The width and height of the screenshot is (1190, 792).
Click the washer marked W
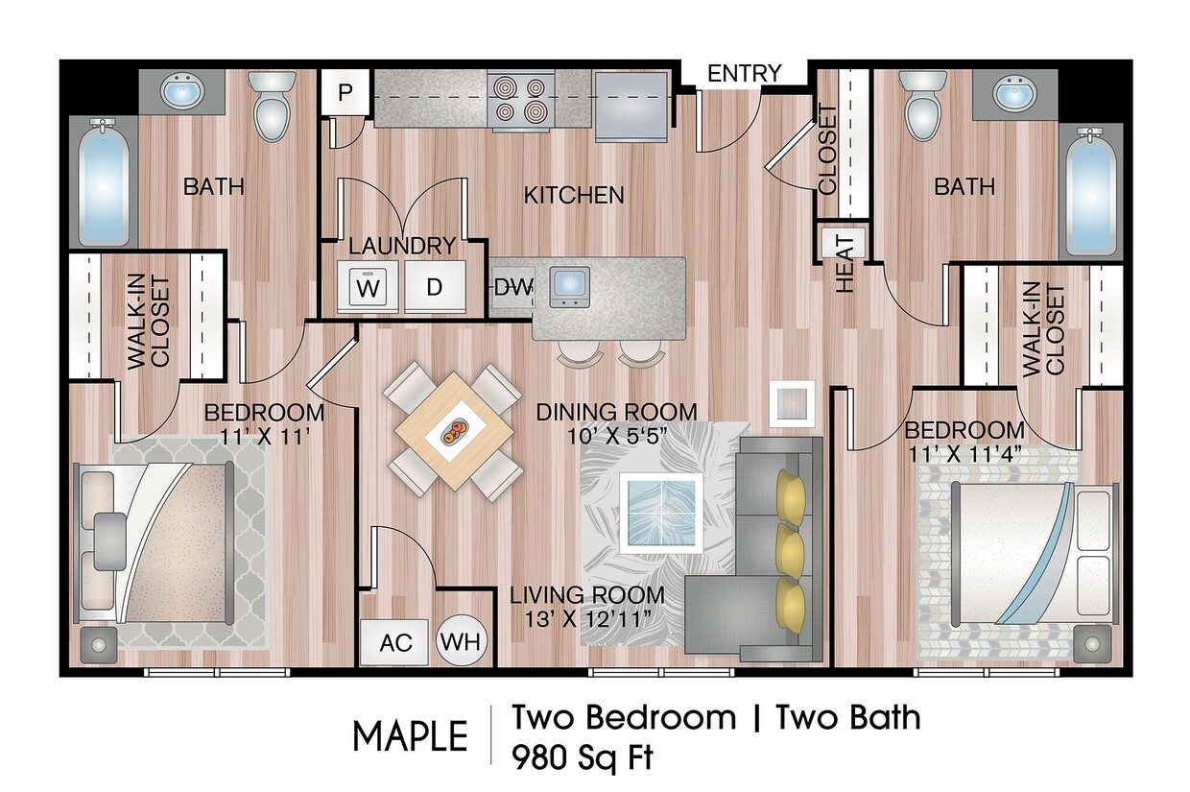(x=367, y=286)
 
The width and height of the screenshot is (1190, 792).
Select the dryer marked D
(x=434, y=286)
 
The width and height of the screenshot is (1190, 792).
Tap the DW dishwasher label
(x=512, y=286)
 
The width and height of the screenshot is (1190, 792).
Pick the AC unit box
(x=396, y=641)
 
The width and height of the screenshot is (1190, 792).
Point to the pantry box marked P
(x=345, y=93)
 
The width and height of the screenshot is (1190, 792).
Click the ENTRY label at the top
(x=744, y=73)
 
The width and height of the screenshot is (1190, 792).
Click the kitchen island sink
(x=570, y=286)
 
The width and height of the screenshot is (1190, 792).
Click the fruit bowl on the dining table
(x=453, y=433)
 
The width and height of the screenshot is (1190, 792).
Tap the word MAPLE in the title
(x=410, y=736)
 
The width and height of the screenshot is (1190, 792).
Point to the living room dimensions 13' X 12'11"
(x=586, y=617)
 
